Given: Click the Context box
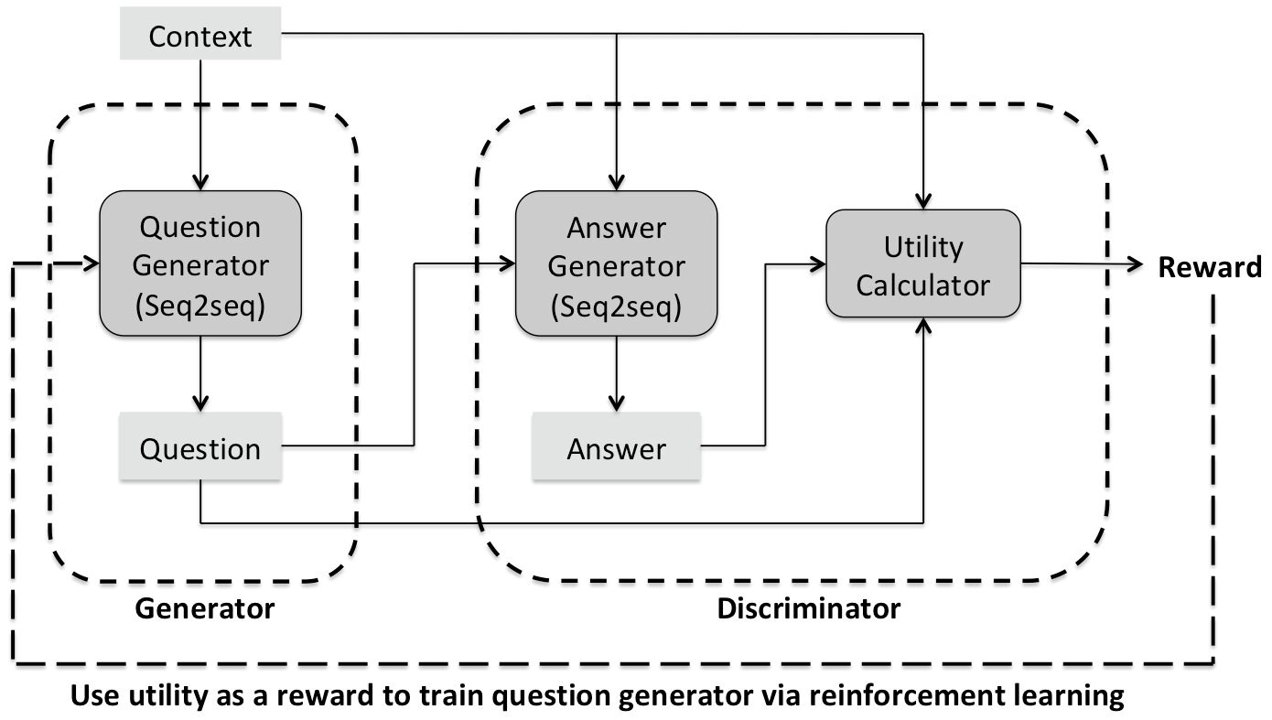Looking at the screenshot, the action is click(200, 33).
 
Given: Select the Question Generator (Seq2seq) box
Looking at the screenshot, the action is click(200, 263).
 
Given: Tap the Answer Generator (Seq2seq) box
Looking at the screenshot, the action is click(616, 263).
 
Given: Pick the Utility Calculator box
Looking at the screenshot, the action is click(923, 263).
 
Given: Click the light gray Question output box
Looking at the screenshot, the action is click(200, 446).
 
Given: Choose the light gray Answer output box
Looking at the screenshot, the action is click(616, 446).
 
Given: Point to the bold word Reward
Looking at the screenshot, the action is click(1210, 267).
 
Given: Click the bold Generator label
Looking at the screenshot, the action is click(204, 608).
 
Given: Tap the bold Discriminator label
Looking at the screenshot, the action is click(809, 608).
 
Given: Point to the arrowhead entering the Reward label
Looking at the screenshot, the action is click(1136, 264).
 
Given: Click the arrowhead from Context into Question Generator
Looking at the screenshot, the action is click(200, 182).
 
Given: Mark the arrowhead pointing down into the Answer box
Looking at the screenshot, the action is click(616, 403).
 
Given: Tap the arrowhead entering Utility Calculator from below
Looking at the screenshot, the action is click(923, 327).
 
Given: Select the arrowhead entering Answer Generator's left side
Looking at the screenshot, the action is click(507, 263).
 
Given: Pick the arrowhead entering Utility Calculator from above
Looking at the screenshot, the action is click(923, 200).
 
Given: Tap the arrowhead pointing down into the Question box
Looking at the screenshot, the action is click(200, 403).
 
